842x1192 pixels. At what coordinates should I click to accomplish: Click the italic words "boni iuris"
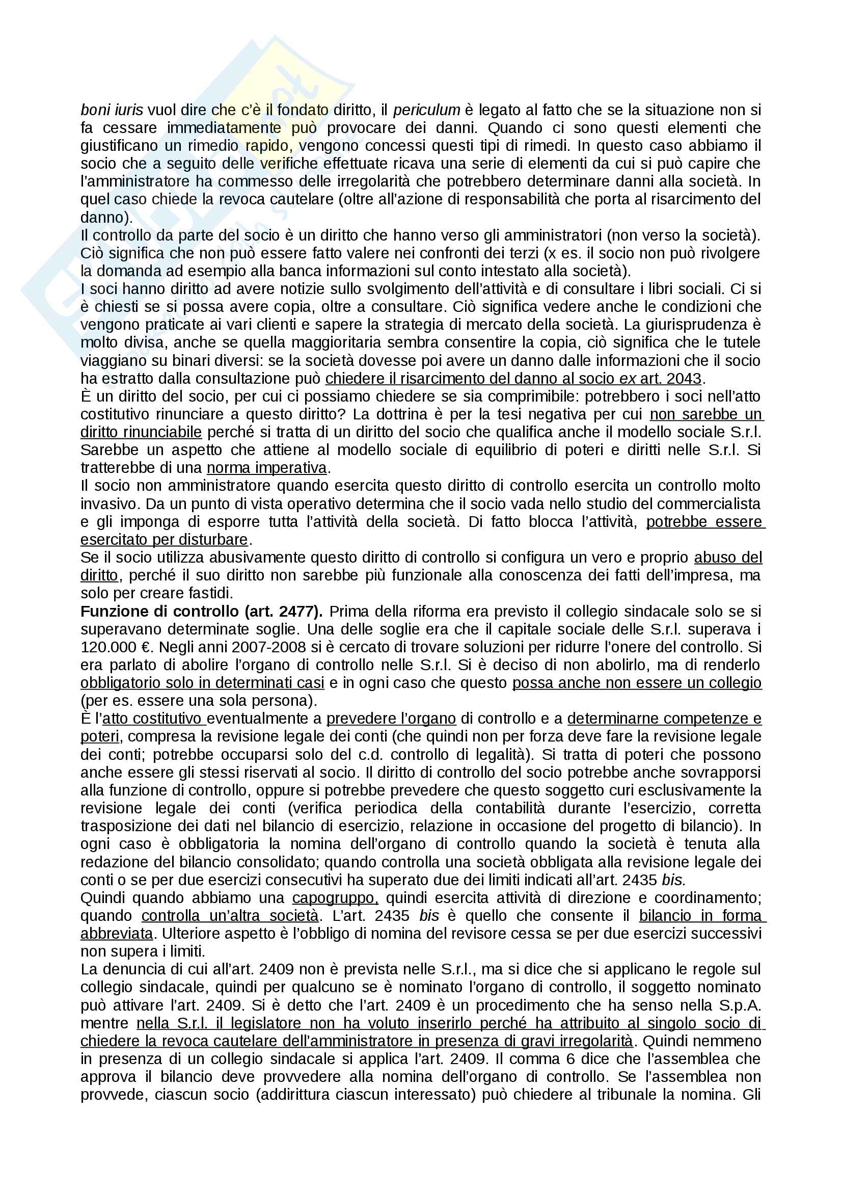pyautogui.click(x=112, y=110)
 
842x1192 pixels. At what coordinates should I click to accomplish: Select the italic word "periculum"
pyautogui.click(x=426, y=110)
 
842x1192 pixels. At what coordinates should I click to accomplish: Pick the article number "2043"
pyautogui.click(x=684, y=379)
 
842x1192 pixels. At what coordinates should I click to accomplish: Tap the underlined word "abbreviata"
pyautogui.click(x=117, y=934)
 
